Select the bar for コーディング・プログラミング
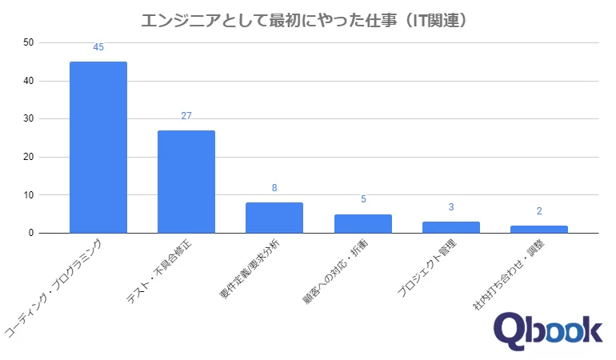tap(98, 147)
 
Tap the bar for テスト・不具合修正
tap(186, 182)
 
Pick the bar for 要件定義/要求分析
tap(274, 218)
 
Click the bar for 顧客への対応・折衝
tap(362, 223)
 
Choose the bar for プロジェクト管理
tap(450, 227)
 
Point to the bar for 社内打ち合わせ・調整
tap(538, 229)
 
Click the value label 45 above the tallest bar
tap(98, 48)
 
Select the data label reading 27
tap(186, 116)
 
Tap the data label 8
tap(274, 188)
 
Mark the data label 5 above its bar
tap(362, 199)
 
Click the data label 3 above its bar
tap(450, 207)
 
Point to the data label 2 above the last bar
tap(538, 211)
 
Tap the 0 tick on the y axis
tap(30, 234)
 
